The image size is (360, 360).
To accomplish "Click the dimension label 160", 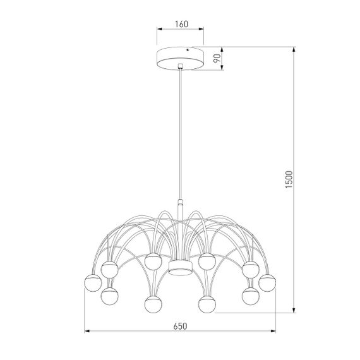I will tap(181, 25).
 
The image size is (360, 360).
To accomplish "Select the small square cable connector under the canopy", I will tap(181, 66).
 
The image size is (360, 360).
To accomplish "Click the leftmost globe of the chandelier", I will tap(92, 280).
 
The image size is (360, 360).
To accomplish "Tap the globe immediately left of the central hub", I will tap(152, 260).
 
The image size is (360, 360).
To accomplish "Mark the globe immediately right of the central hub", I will tap(207, 260).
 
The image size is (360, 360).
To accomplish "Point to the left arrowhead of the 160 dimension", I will tap(159, 29).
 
